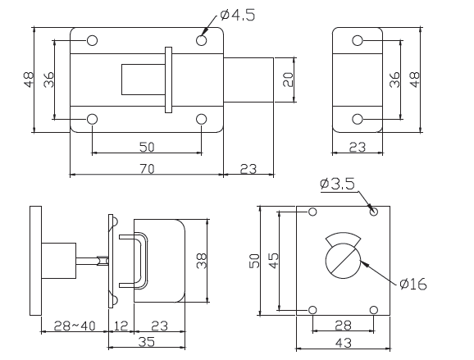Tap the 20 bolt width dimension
coord(287,80)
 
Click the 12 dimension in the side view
coord(120,326)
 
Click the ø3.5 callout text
coord(338,184)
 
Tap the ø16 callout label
coord(414,285)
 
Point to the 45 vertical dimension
coord(275,261)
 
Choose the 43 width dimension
coord(343,345)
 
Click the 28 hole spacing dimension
coord(343,326)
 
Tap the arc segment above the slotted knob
coord(343,238)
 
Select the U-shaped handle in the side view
coord(136,261)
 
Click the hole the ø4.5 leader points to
coord(202,40)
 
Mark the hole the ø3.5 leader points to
coord(374,212)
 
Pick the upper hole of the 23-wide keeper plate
coord(357,40)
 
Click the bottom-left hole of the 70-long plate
coord(93,119)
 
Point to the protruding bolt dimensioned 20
coord(248,80)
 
